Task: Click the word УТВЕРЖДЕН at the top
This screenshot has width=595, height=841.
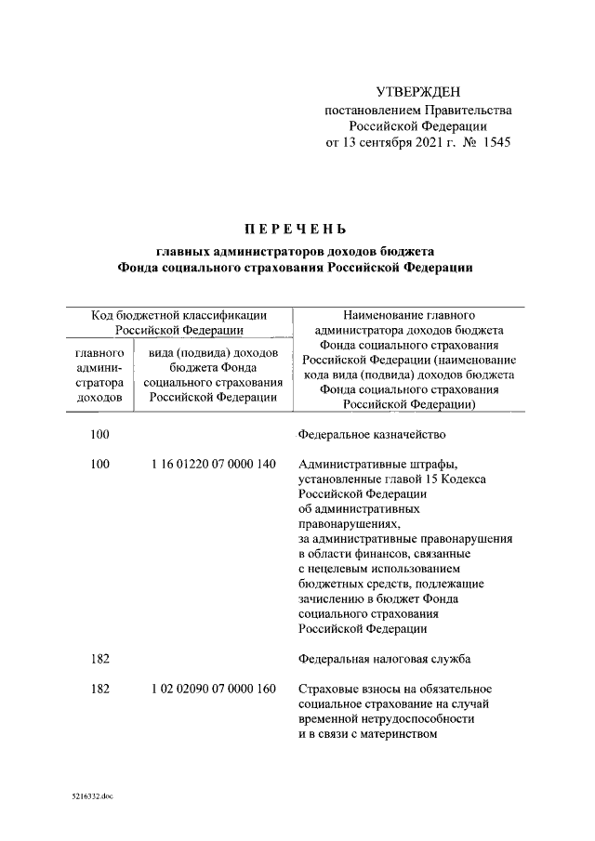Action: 417,91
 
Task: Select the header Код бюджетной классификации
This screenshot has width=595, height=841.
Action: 179,315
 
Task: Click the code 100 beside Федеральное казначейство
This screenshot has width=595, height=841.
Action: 99,434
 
